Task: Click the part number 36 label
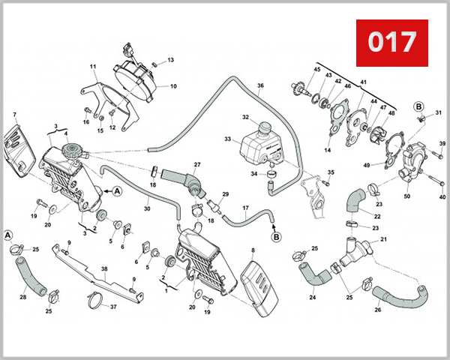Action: coord(261,86)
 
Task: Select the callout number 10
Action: coord(173,86)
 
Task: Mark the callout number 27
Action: coord(197,164)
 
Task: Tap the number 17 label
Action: coord(245,208)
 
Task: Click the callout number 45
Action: coord(317,70)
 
